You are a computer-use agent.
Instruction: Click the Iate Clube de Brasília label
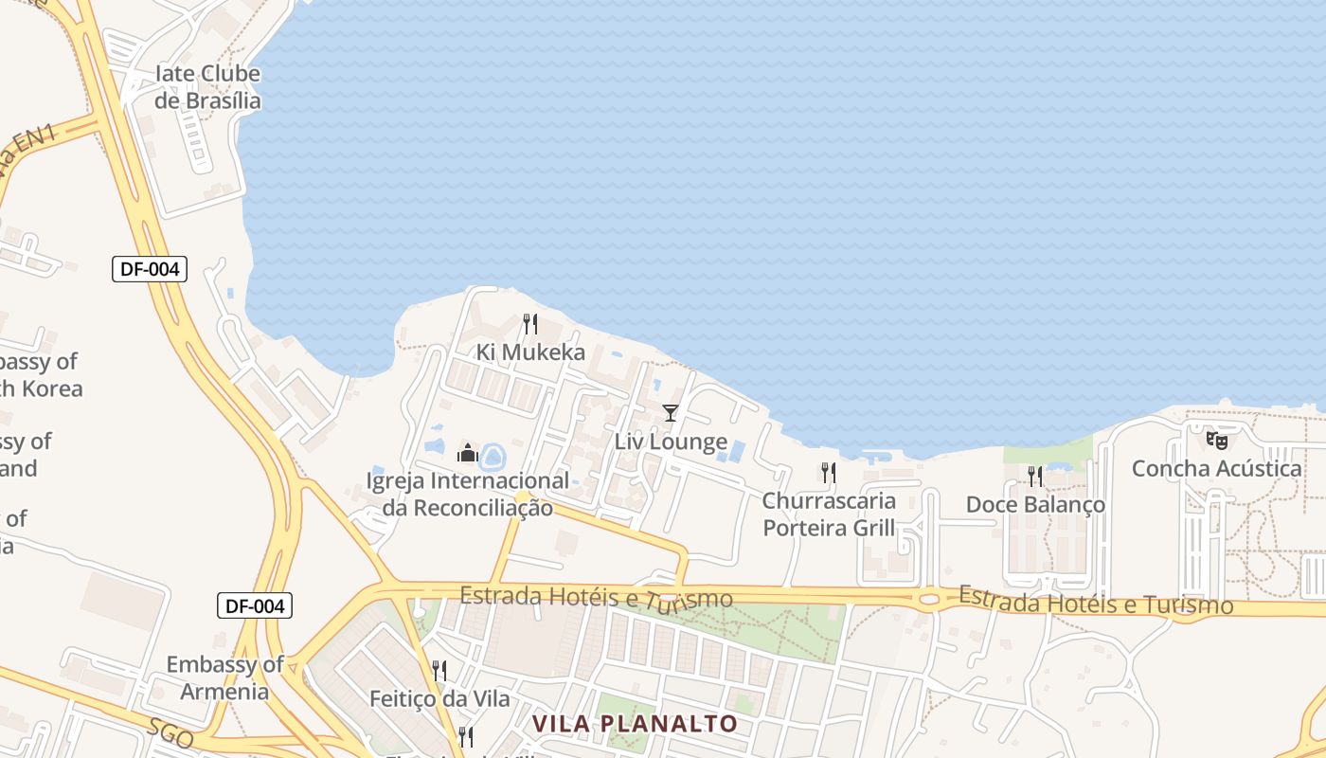tap(207, 87)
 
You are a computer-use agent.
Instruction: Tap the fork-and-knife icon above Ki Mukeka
tap(530, 324)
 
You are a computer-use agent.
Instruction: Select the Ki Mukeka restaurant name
tap(530, 352)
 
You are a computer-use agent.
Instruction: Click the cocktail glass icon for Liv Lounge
tap(671, 412)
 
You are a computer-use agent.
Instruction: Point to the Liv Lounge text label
tap(671, 442)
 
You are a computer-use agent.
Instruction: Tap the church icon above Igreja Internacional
tap(467, 453)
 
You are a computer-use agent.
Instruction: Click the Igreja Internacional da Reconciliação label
tap(468, 494)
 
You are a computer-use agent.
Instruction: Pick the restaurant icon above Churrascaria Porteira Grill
tap(829, 472)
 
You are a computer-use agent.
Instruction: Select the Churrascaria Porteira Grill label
tap(829, 514)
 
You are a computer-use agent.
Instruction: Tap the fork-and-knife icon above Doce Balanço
tap(1035, 476)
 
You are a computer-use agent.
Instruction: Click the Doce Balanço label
tap(1035, 505)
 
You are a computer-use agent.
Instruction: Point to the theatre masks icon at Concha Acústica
tap(1217, 440)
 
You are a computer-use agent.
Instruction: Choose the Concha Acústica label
tap(1217, 468)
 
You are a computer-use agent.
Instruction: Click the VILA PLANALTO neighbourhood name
tap(635, 724)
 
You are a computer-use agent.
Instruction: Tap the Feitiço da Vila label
tap(439, 699)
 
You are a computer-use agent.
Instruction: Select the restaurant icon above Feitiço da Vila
tap(439, 671)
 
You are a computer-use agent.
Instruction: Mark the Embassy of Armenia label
tap(224, 677)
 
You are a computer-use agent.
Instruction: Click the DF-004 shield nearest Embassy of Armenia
tap(254, 605)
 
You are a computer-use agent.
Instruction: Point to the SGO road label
tap(171, 732)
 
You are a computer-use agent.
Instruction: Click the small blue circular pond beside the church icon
tap(493, 458)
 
